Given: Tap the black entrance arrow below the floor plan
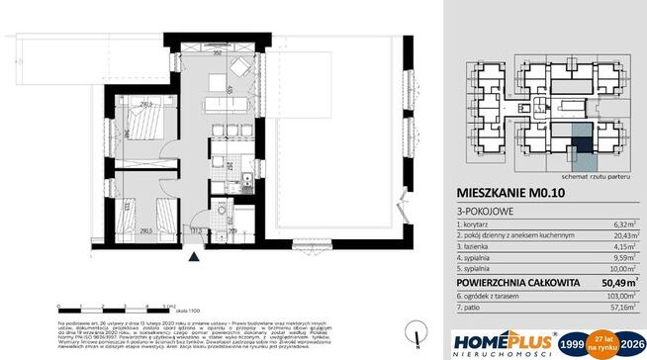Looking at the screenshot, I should point(195,256).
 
